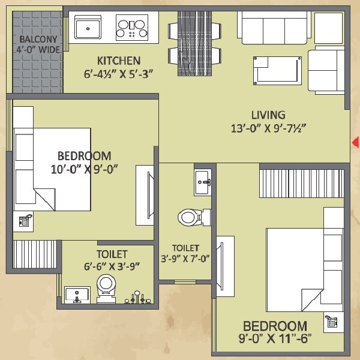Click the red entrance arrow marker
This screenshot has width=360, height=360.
pyautogui.click(x=355, y=142)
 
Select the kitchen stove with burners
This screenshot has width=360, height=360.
pyautogui.click(x=132, y=27)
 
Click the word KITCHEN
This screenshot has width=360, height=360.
pyautogui.click(x=119, y=61)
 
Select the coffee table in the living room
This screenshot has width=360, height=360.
pyautogui.click(x=277, y=71)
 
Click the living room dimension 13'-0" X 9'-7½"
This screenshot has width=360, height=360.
pyautogui.click(x=268, y=128)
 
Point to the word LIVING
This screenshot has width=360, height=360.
pyautogui.click(x=268, y=115)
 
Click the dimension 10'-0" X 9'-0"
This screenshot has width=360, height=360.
pyautogui.click(x=84, y=169)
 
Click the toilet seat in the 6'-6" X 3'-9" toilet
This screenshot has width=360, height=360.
pyautogui.click(x=106, y=285)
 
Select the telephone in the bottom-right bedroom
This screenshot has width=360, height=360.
pyautogui.click(x=331, y=322)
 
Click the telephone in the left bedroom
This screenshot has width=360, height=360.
pyautogui.click(x=25, y=221)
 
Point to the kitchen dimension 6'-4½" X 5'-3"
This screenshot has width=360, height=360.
pyautogui.click(x=119, y=74)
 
